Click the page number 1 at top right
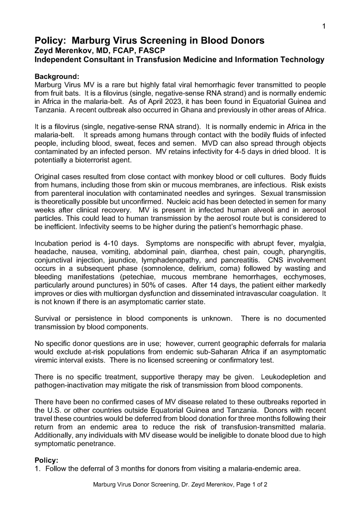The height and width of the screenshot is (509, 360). click(x=324, y=26)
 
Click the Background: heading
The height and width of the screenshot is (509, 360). click(x=57, y=77)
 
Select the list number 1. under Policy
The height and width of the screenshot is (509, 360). click(x=38, y=469)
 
